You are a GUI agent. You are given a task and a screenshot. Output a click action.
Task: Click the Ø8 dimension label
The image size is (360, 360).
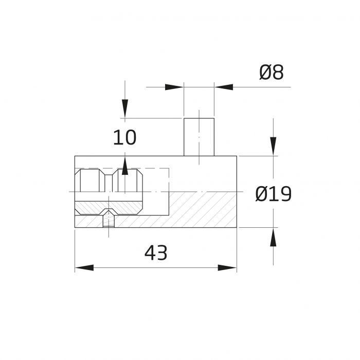tap(272, 73)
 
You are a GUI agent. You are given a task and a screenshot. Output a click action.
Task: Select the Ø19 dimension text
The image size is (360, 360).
tap(273, 194)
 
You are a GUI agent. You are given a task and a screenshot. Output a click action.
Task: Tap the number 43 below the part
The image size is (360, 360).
tap(156, 253)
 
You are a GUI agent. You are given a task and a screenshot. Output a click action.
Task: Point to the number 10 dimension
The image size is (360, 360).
tap(124, 137)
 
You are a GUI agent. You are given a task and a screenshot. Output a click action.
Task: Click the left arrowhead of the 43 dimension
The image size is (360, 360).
tap(84, 268)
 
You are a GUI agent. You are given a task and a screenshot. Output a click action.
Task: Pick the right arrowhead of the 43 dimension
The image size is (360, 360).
tap(227, 268)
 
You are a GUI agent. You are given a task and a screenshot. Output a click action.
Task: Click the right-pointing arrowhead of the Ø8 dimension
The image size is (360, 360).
tap(174, 87)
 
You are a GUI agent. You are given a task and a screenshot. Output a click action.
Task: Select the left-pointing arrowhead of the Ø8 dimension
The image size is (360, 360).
tap(224, 87)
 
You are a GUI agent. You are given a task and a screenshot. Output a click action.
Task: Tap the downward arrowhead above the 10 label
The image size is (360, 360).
tap(125, 109)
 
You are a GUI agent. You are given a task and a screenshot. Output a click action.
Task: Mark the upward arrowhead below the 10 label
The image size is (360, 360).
tap(125, 166)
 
